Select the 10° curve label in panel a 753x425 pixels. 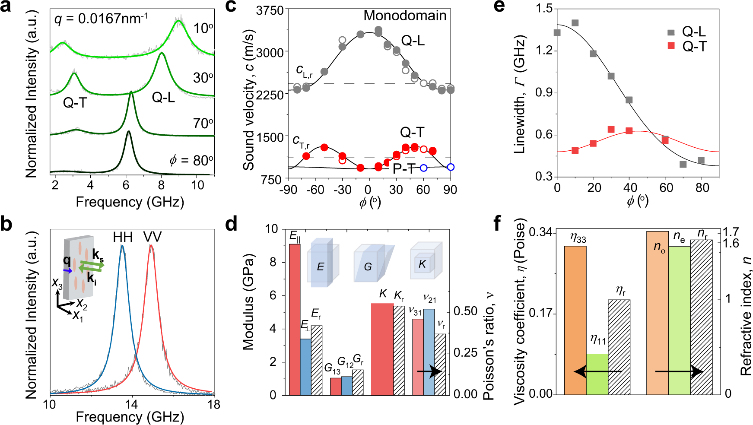coord(203,29)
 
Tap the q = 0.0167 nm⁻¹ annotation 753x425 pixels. coord(101,19)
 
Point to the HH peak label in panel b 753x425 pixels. coord(123,237)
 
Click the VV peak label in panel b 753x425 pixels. coord(152,237)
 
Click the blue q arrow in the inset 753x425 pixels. coord(68,271)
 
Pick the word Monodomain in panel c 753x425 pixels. coord(405,16)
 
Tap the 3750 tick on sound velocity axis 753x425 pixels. coord(270,10)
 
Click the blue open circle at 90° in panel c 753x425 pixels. coord(451,167)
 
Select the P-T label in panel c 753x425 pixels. coord(404,169)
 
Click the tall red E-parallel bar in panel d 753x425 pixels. coord(295,319)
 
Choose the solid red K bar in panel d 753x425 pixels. coord(382,349)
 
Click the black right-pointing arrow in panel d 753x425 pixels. coord(429,371)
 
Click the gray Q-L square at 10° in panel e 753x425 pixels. coord(575,23)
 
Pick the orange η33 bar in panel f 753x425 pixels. coord(575,320)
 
